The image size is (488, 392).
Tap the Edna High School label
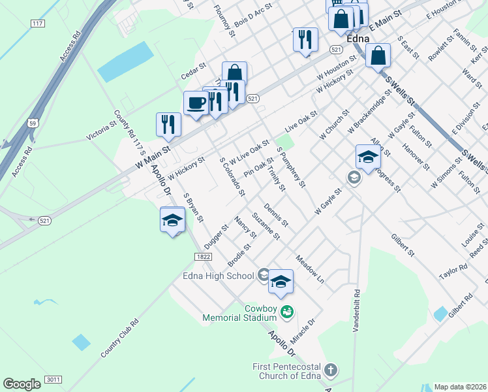(x=218, y=276)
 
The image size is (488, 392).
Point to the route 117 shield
(x=37, y=24)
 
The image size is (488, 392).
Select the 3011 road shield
(x=53, y=379)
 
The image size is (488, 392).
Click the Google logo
(x=22, y=384)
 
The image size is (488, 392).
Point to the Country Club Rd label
(x=120, y=338)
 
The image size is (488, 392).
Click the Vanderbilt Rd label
(x=356, y=311)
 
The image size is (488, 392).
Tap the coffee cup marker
(x=196, y=103)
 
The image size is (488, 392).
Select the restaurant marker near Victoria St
(x=168, y=124)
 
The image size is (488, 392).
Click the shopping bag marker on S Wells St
(x=378, y=56)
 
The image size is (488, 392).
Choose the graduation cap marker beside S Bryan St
(x=173, y=220)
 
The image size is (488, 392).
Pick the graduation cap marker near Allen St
(x=368, y=157)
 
